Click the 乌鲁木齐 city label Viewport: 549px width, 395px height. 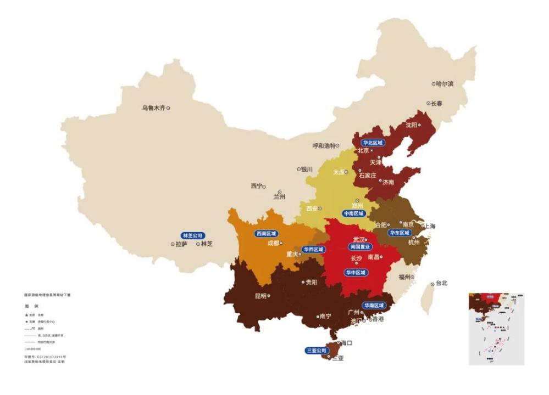tap(153, 108)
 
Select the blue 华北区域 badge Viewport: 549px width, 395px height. tap(372, 143)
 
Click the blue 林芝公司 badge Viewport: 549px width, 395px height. tap(192, 235)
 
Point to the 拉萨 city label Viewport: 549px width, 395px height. tap(181, 244)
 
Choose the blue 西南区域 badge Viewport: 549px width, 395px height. tap(266, 233)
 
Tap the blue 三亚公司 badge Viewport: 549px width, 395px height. tap(317, 350)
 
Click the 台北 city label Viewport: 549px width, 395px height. tap(442, 284)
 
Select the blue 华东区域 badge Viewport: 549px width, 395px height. tap(400, 233)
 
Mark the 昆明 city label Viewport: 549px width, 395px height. tap(260, 296)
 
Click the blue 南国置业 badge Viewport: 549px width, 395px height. tap(361, 247)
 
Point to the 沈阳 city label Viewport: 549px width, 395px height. tap(412, 125)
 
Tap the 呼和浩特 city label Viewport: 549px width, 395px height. tap(324, 146)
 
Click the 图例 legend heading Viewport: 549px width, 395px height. tap(31, 306)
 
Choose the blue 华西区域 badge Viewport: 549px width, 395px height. tap(313, 249)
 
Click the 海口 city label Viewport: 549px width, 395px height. tap(347, 343)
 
